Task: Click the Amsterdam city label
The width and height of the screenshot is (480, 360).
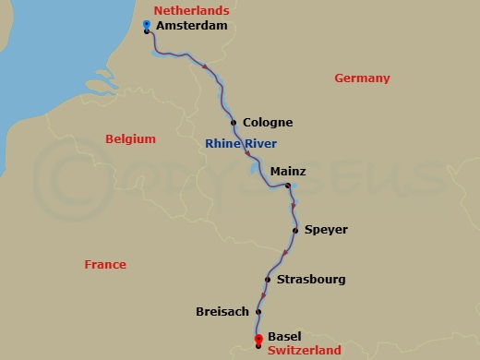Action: point(191,28)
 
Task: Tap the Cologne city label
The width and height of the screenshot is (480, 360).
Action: point(268,123)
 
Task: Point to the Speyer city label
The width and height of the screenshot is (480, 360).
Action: point(326,230)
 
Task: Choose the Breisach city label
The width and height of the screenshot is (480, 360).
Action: point(222,312)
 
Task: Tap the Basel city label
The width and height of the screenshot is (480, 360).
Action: point(285,338)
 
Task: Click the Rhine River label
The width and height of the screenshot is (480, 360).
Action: point(240,143)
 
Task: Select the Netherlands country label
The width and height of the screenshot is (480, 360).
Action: point(191,10)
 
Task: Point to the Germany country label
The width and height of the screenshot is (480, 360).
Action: point(362,78)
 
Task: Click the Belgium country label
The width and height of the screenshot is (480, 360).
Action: point(130,139)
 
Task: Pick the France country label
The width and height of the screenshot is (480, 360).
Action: point(105,265)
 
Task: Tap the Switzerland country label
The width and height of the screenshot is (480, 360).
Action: point(305,351)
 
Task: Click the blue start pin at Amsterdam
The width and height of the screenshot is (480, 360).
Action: point(148,24)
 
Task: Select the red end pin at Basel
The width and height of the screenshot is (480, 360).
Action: point(258,338)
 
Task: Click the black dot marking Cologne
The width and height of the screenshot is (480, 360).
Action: point(234,123)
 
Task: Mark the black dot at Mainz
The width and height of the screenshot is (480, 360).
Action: point(288,186)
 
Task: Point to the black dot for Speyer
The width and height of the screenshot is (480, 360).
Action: point(295,230)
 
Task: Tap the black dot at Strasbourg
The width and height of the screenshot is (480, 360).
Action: point(268,280)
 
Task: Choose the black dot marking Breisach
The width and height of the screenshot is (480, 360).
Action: point(258,312)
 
